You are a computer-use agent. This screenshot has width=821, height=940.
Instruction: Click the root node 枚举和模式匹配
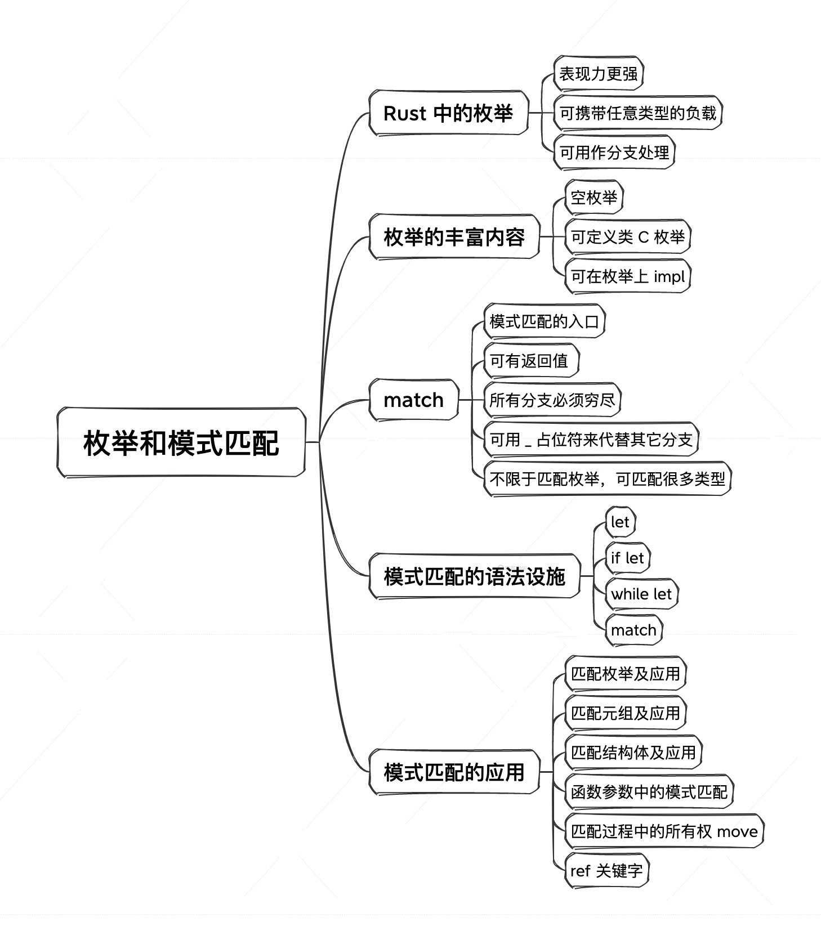pos(181,442)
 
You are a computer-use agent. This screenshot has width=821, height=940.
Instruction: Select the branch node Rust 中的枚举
pos(448,113)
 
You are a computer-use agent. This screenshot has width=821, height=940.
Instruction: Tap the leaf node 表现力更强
pos(598,73)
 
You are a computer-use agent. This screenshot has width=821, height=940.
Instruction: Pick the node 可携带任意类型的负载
pos(637,113)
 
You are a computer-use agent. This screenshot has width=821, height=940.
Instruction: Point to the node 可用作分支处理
pos(614,152)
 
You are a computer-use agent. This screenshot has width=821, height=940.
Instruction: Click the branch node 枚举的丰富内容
pos(454,236)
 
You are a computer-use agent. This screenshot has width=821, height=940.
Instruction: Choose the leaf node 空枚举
pos(594,197)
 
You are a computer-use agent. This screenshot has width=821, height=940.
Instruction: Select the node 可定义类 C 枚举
pos(627,236)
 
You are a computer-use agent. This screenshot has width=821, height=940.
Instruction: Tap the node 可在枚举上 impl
pos(627,276)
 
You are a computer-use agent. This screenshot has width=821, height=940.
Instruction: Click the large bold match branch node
pos(413,400)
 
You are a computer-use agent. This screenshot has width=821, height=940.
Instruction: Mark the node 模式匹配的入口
pos(544,321)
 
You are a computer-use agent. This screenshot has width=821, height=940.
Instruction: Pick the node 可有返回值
pos(531,360)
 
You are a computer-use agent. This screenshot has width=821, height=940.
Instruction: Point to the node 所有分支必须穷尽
pos(552,400)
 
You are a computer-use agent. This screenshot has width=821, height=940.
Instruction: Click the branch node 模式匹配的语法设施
pos(474,576)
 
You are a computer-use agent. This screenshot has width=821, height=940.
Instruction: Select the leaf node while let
pos(641,594)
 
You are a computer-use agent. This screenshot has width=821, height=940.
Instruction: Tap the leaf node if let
pos(627,558)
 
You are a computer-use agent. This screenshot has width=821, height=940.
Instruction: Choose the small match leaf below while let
pos(633,630)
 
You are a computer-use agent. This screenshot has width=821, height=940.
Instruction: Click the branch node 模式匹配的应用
pos(454,772)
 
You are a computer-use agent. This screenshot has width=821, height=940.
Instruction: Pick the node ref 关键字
pos(606,870)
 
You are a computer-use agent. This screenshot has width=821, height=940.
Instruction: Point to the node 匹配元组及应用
pos(625,713)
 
